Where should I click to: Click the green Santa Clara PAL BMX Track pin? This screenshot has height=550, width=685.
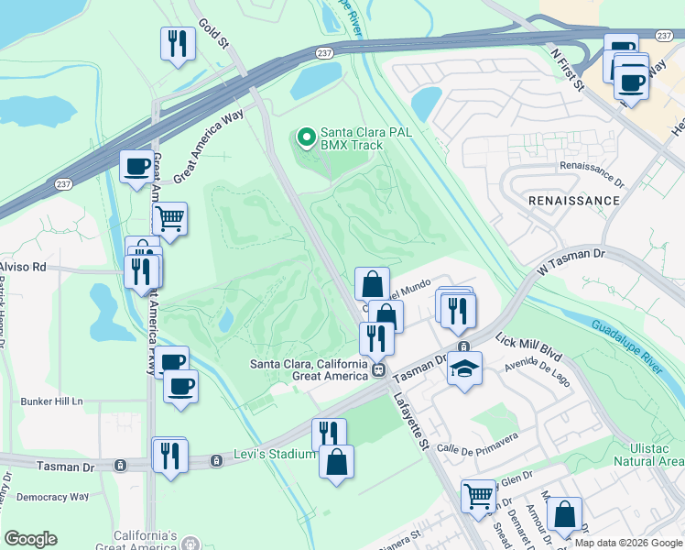coord(306,138)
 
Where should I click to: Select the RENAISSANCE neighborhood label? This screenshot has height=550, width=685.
coord(573,199)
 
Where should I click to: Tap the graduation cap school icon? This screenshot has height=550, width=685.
coord(463,370)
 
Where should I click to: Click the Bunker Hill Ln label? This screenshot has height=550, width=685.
coord(51,401)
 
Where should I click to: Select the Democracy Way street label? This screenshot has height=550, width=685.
coord(53,497)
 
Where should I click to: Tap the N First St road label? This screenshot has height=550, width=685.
coord(567,68)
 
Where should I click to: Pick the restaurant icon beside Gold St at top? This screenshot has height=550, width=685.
coord(176,43)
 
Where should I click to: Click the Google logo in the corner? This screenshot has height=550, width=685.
coord(30,539)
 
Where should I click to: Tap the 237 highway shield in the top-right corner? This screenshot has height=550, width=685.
coord(665,34)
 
